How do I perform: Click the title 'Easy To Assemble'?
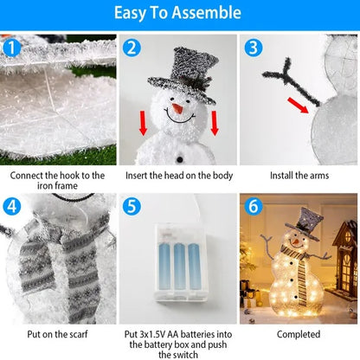(x=179, y=13)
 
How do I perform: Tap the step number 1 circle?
(x=11, y=48)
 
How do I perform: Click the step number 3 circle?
(x=253, y=48)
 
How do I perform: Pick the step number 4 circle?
(x=11, y=207)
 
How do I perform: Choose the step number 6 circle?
(x=253, y=207)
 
